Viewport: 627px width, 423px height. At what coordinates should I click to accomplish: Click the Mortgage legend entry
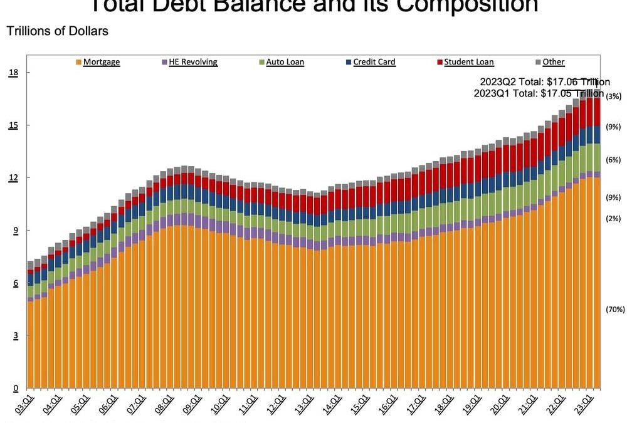point(100,62)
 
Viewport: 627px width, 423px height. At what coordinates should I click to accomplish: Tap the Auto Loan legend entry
point(282,62)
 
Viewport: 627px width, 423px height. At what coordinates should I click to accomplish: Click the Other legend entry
point(550,62)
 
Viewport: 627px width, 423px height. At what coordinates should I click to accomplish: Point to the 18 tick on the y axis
point(13,73)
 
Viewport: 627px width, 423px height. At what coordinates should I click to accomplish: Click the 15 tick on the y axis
point(13,125)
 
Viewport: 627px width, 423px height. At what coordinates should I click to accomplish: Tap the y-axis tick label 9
point(15,231)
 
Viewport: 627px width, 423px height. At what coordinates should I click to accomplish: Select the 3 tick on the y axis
point(15,336)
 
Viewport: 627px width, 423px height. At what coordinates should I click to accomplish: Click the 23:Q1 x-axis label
point(589,405)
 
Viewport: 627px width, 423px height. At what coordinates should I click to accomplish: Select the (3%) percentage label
point(614,97)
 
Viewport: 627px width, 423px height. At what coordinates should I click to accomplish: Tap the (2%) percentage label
point(614,218)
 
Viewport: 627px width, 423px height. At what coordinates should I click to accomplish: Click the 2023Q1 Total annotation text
point(538,93)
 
